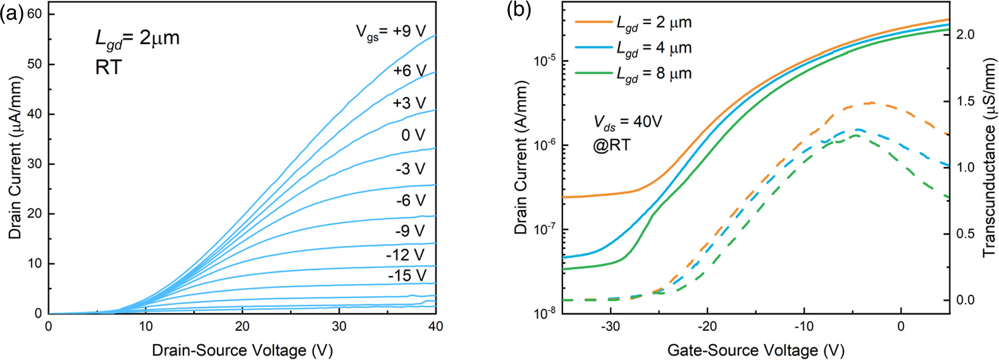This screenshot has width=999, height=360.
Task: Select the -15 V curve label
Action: point(407,276)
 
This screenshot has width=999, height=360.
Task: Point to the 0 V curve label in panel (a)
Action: point(413,135)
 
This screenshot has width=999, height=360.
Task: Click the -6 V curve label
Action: point(410,201)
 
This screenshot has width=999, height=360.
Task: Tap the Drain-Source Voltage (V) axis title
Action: point(242,350)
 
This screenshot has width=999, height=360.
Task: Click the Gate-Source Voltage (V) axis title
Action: point(755,350)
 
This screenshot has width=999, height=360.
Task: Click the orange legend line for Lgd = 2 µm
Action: point(593,23)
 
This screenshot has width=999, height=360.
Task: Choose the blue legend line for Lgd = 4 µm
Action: point(593,48)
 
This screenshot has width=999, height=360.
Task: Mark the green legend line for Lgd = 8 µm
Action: point(593,74)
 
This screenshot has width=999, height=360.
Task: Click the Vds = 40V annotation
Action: point(627,121)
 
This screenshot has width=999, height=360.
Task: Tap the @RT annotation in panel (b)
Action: point(611,145)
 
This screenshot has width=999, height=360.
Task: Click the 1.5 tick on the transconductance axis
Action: point(965,102)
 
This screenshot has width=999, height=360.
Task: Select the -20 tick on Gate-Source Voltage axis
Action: point(707,328)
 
